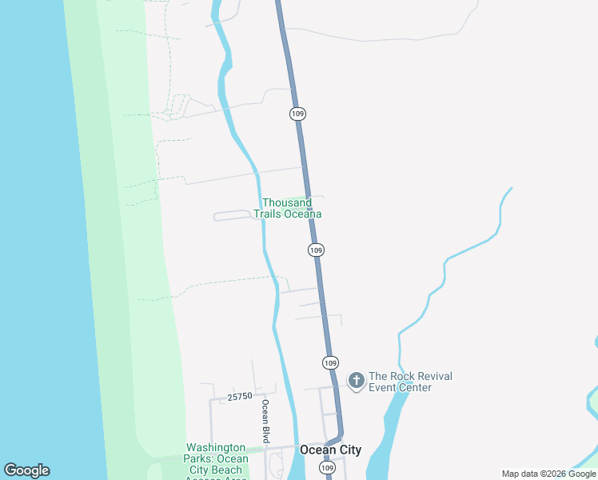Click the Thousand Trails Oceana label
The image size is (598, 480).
tap(288, 209)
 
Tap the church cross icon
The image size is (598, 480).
tap(356, 380)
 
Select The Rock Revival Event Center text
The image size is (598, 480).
tap(410, 382)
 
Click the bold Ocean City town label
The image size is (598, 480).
tap(330, 450)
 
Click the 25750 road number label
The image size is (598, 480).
tap(240, 396)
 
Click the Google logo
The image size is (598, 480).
tap(26, 470)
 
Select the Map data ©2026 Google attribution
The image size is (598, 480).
tap(549, 474)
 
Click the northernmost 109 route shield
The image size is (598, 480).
tap(297, 114)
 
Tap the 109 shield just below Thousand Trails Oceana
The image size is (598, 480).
tap(317, 250)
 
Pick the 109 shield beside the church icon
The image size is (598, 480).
tap(331, 362)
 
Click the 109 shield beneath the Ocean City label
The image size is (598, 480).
tap(327, 467)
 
